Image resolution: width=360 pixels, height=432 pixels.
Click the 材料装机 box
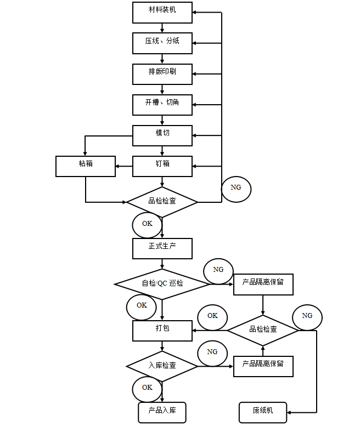point(162,13)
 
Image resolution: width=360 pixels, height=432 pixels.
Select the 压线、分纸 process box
point(162,43)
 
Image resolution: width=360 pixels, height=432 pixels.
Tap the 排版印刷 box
point(162,74)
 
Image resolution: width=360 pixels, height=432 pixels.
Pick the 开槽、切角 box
point(162,105)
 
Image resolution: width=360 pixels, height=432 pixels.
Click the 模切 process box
point(162,135)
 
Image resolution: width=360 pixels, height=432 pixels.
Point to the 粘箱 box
point(86,166)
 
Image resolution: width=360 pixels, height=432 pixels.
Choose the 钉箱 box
point(162,166)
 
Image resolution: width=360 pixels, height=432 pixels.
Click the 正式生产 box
point(162,248)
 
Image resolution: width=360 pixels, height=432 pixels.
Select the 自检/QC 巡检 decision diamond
point(162,284)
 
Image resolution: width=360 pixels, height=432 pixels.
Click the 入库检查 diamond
point(162,366)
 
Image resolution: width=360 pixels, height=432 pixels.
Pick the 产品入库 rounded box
point(162,412)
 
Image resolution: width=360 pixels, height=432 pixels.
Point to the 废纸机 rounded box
point(263,412)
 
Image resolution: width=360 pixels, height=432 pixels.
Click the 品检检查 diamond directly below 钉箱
point(162,202)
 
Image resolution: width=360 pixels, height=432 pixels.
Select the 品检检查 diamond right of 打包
point(263,330)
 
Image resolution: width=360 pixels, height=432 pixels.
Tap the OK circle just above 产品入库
point(147,389)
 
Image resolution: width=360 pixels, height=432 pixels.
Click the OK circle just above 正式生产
point(147,225)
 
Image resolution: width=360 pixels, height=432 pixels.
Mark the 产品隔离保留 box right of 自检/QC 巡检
point(263,284)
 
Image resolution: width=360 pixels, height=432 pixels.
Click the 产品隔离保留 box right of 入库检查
point(263,366)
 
